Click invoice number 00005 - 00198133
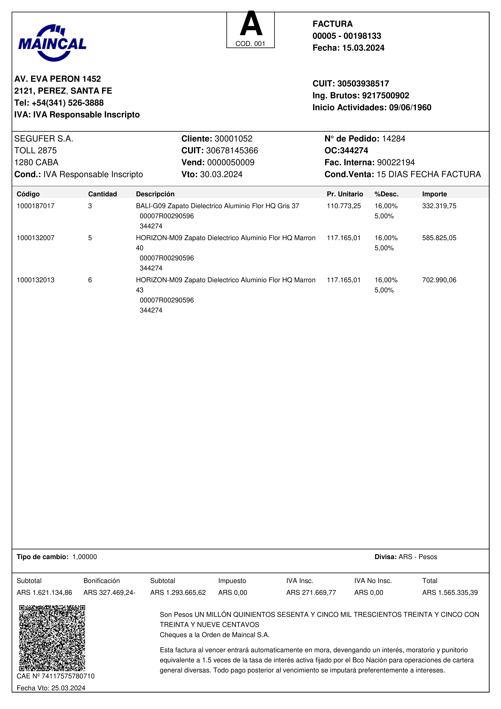347,36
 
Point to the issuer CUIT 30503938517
363,84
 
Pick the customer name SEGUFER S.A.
44,139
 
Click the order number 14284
394,139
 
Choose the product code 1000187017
35,206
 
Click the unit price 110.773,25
344,206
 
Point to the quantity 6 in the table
90,280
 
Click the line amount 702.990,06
439,280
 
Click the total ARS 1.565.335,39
450,593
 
